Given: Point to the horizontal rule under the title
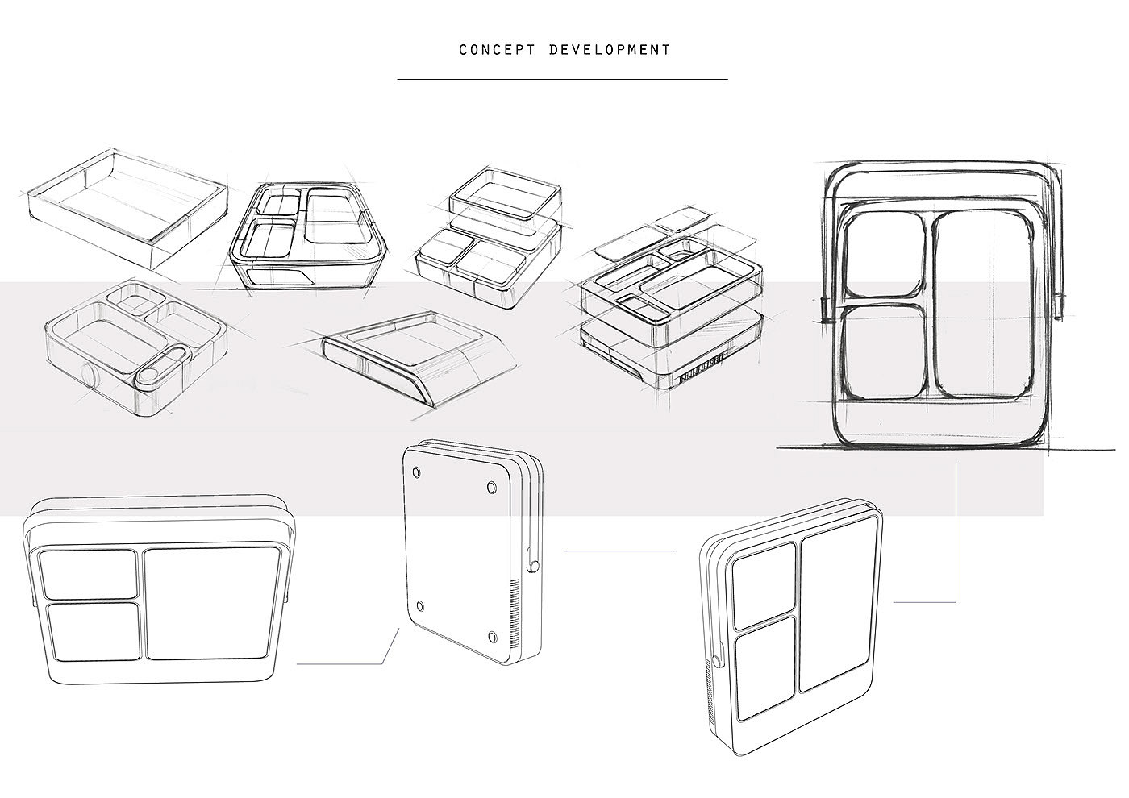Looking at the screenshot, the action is click(562, 80).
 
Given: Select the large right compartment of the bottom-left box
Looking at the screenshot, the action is click(211, 603).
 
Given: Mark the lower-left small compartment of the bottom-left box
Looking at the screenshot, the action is click(90, 632).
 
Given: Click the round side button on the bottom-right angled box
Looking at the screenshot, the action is click(715, 663).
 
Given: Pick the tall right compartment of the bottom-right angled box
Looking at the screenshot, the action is click(835, 613).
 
